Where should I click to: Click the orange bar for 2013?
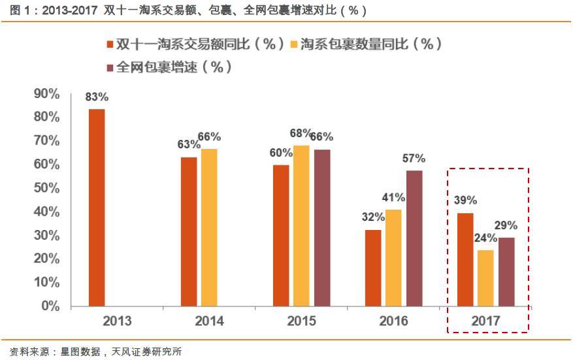[97, 208]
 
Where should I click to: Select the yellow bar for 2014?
[209, 227]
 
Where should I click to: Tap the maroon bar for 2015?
[322, 227]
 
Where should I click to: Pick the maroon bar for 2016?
[414, 238]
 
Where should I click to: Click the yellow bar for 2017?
[486, 278]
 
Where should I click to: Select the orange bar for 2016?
[373, 268]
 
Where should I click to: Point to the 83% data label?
[97, 97]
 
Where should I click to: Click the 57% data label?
[414, 158]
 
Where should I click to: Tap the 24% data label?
[486, 238]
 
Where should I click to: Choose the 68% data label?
[301, 133]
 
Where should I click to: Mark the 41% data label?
[394, 197]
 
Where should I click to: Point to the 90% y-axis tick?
[46, 94]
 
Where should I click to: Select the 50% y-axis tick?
[46, 188]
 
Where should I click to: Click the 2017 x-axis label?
[485, 321]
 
